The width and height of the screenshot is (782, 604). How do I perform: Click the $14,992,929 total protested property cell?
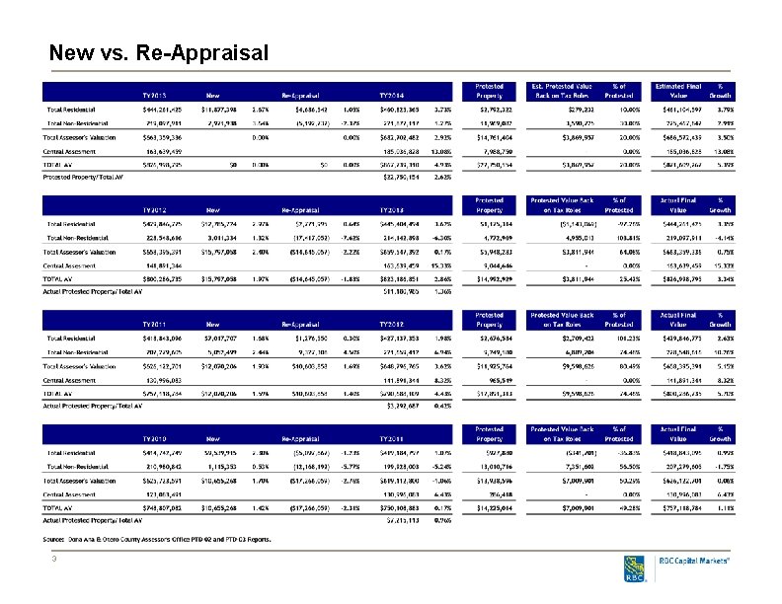pyautogui.click(x=489, y=279)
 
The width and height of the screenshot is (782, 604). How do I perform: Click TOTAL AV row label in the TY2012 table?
pyautogui.click(x=60, y=279)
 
